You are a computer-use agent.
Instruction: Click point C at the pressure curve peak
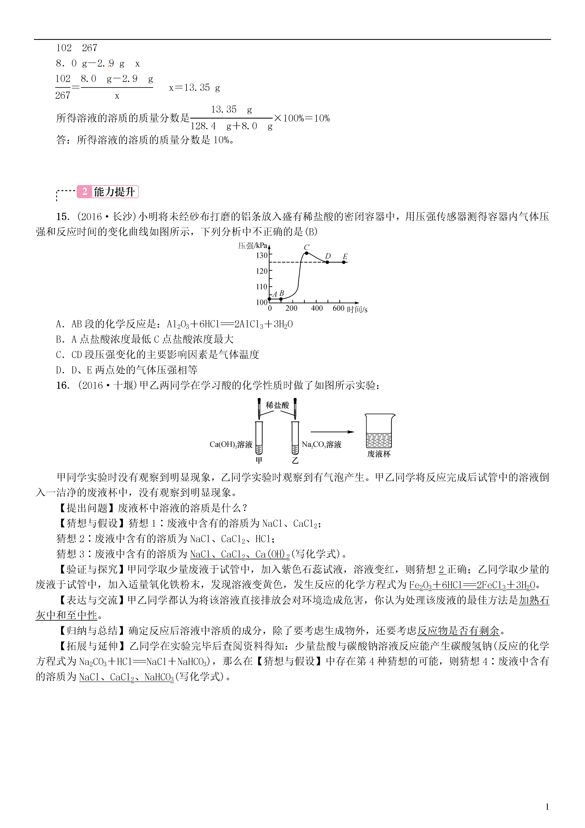coord(306,253)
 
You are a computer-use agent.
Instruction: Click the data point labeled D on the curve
coord(327,262)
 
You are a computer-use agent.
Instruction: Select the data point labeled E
coord(344,262)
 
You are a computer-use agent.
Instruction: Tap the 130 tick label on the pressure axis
coord(262,255)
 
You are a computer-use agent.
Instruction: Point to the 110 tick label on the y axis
coord(262,287)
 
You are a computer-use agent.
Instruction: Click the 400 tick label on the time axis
coord(317,308)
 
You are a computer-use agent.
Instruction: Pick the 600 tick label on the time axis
coord(338,308)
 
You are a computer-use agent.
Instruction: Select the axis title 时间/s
coord(357,310)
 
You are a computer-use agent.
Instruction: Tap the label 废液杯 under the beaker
coord(379,454)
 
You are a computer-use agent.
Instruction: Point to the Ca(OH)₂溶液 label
coord(231,444)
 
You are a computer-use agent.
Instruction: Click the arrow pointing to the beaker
coord(332,432)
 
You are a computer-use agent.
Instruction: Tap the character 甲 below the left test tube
coord(259,460)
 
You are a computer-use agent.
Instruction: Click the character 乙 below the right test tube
coord(295,460)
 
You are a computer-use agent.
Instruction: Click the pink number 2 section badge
coord(85,192)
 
